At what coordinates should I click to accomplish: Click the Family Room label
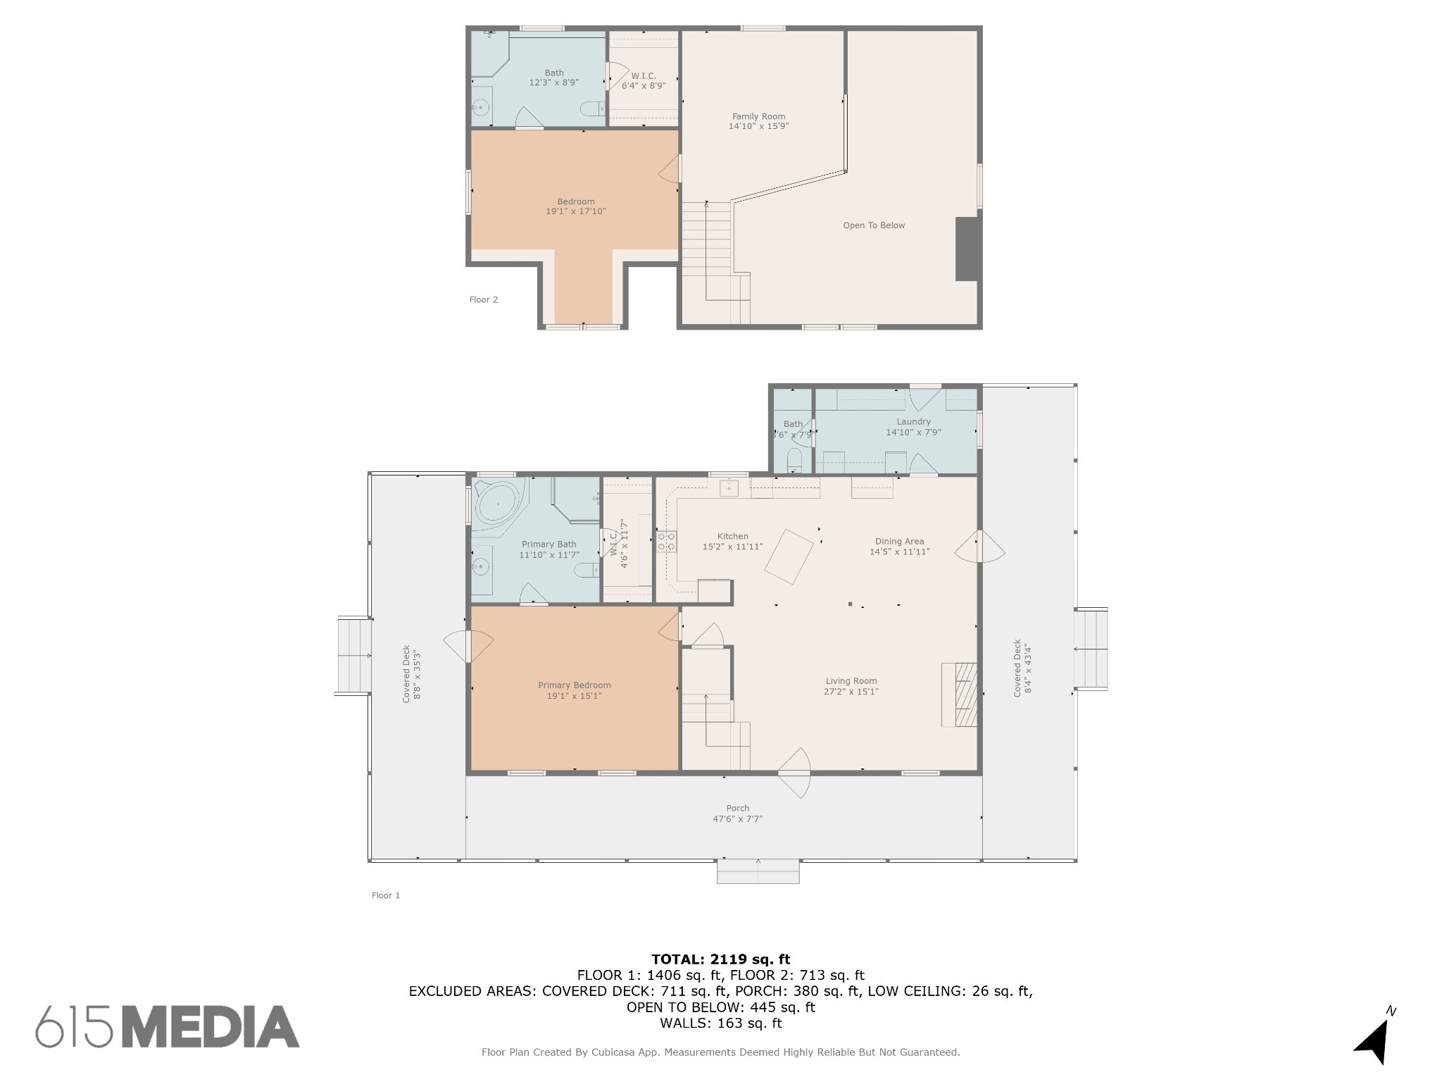click(758, 117)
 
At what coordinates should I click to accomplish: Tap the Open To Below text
click(874, 225)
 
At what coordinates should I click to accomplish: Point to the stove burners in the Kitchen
click(666, 541)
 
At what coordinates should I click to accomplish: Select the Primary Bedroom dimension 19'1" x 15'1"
click(574, 696)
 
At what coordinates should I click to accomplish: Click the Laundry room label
click(913, 422)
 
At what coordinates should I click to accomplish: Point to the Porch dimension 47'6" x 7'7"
click(737, 819)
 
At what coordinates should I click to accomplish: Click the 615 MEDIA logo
click(168, 1026)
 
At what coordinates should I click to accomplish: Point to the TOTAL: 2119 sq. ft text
click(720, 959)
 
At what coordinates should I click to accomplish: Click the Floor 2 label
click(483, 300)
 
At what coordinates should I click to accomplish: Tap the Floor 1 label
click(385, 896)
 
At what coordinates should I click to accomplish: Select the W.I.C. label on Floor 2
click(644, 76)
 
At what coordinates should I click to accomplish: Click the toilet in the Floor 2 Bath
click(591, 108)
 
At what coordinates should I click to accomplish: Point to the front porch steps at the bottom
click(758, 871)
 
